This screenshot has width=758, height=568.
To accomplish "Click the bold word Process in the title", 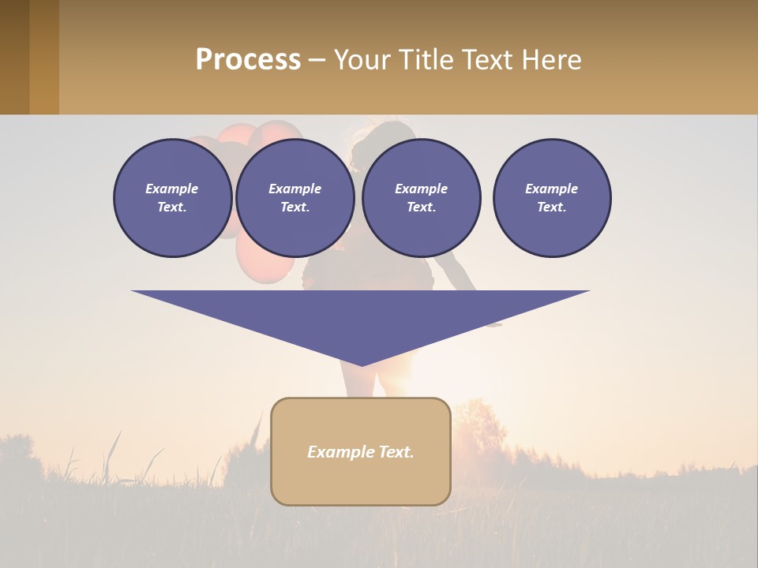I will click(x=248, y=60).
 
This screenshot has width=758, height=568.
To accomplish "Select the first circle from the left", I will click(x=172, y=197).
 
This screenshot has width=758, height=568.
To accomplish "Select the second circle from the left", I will click(x=295, y=197).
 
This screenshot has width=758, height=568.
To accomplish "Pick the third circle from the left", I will click(x=421, y=197).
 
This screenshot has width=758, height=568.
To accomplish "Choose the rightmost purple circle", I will click(x=551, y=197).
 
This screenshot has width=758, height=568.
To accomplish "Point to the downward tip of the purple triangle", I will click(x=362, y=364).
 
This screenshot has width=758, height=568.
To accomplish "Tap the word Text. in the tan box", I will click(x=395, y=452).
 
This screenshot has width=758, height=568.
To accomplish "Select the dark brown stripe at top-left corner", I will click(x=14, y=57).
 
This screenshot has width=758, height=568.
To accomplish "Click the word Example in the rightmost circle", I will click(x=551, y=189).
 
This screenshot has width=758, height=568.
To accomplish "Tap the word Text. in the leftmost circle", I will click(x=172, y=207).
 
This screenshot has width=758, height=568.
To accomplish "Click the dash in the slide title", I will click(x=317, y=61).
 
